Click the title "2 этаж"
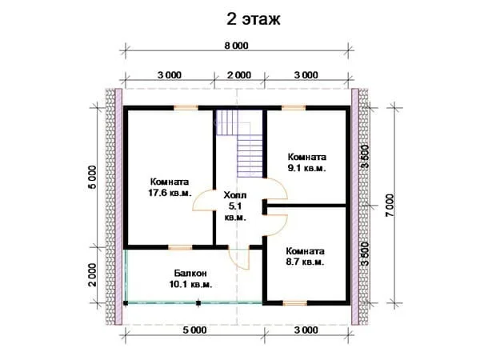pos(253,19)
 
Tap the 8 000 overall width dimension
pos(236,46)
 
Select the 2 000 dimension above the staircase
pos(239,75)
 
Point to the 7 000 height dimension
pos(390,206)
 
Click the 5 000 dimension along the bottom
pos(194,330)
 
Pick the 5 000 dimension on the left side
pos(92,178)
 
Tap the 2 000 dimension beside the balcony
pos(92,274)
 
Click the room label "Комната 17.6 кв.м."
pos(170,187)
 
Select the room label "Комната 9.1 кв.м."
pos(306,162)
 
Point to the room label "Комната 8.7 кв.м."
pos(306,257)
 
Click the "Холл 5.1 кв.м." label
pos(235,206)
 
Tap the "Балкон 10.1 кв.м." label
pos(190,278)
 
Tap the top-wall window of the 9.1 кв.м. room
pos(294,108)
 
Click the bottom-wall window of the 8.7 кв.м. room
pos(294,303)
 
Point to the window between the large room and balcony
pos(180,247)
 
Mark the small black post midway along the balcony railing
pos(198,303)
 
